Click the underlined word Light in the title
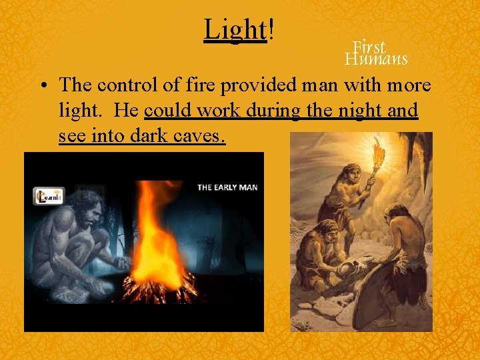pos(235,29)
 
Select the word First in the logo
pos(369,47)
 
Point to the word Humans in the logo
pos(376,59)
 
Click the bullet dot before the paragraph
pos(43,87)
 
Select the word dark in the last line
pos(145,136)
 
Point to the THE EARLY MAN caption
pos(227,187)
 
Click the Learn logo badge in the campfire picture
pos(49,196)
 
